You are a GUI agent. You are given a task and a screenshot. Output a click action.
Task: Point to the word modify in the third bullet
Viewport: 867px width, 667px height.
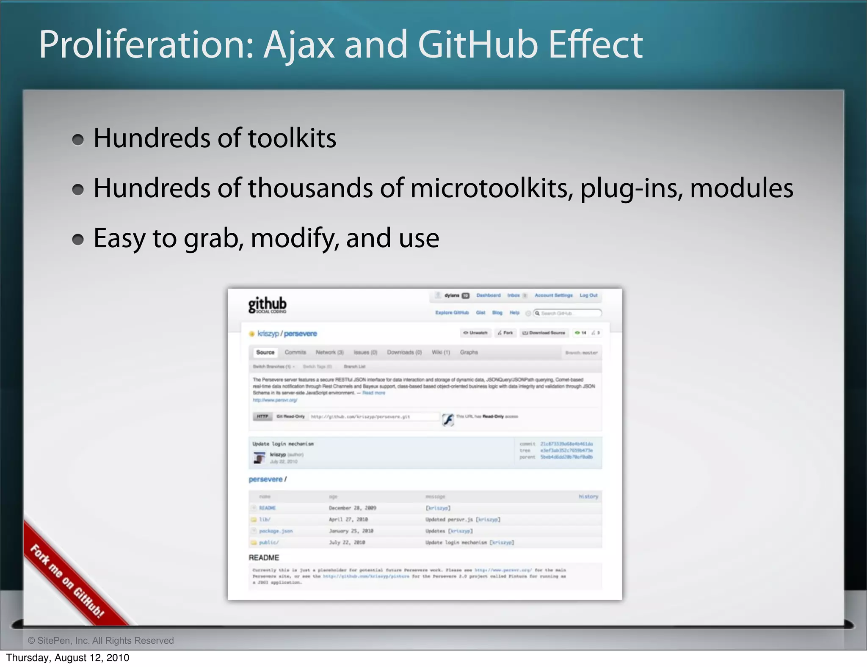coord(295,238)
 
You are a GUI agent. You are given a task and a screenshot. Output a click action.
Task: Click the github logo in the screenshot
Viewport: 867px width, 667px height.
coord(267,305)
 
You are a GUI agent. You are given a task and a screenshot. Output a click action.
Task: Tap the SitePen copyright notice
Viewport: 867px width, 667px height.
coord(101,640)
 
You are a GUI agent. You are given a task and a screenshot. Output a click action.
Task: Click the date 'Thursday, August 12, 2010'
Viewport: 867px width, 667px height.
coord(68,658)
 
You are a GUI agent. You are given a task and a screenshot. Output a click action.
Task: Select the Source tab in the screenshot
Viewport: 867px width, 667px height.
coord(265,352)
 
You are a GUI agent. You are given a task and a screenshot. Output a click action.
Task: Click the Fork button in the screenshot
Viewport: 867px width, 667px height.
coord(505,333)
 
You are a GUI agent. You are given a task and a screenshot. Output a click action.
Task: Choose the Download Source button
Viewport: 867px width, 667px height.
coord(544,333)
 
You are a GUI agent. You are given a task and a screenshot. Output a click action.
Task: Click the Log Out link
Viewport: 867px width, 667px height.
coord(588,295)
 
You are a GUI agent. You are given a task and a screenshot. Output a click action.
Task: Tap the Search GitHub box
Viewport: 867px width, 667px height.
coord(567,313)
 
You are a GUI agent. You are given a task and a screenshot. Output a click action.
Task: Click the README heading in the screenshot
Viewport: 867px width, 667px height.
coord(264,557)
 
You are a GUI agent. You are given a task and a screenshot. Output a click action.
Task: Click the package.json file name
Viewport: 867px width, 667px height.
coord(276,531)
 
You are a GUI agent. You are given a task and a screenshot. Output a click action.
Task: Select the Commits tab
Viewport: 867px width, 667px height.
coord(295,352)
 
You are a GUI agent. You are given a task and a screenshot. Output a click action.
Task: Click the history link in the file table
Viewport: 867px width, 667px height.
coord(588,496)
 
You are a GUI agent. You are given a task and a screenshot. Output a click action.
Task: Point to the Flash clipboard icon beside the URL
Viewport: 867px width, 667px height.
coord(448,419)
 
